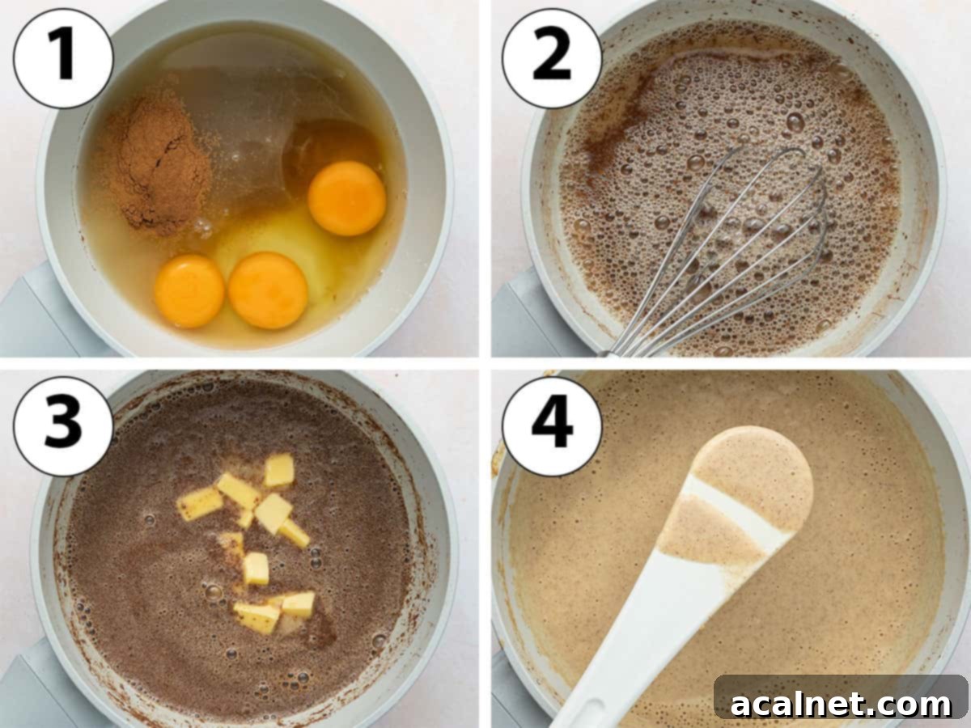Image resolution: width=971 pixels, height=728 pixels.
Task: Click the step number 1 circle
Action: click(63, 57)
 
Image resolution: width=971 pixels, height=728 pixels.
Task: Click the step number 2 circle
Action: click(552, 57)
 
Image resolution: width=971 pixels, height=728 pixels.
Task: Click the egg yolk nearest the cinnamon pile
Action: click(189, 292)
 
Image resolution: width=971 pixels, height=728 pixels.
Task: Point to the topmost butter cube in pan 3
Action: click(280, 470)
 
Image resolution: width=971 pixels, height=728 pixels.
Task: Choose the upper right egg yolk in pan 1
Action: click(347, 198)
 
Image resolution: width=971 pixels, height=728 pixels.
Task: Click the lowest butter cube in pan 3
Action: click(257, 618)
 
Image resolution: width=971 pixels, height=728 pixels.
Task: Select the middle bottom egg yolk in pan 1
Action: click(268, 290)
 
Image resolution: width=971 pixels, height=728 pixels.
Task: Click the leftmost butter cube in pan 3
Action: click(199, 504)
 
